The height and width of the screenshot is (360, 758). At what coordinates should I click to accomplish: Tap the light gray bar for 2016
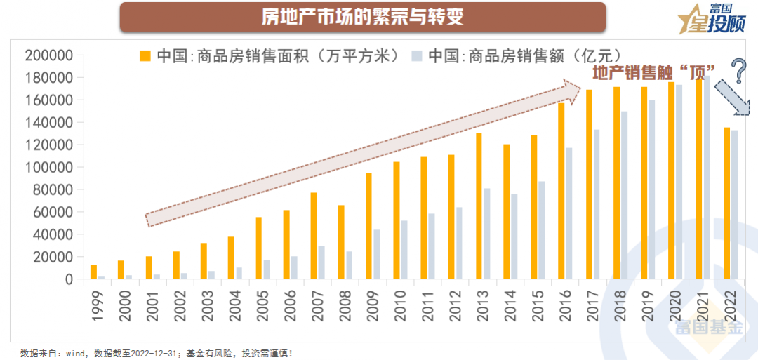(x=568, y=213)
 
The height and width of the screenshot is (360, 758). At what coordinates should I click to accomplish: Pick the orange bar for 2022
(x=726, y=204)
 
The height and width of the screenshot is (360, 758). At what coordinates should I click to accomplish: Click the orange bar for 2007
(x=314, y=236)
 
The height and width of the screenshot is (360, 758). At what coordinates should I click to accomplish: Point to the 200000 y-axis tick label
(x=49, y=55)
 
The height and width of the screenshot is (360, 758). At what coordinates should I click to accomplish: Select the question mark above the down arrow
(x=738, y=71)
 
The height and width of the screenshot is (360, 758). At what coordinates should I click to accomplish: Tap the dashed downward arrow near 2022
(x=732, y=98)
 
